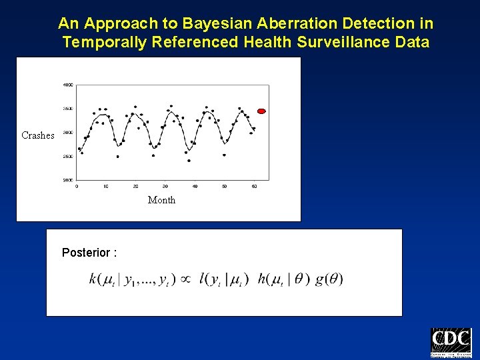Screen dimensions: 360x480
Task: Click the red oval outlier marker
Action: (261, 111)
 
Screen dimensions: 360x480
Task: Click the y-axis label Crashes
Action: (38, 135)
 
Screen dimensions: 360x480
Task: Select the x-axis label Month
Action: (161, 200)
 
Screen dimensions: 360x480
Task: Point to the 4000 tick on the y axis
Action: (68, 85)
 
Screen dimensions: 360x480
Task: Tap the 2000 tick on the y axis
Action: (68, 180)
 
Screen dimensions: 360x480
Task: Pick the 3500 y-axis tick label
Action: (68, 109)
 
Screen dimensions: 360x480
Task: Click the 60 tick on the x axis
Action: (253, 186)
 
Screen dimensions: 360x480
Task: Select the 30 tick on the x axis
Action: (165, 186)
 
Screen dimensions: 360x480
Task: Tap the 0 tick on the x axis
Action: (77, 186)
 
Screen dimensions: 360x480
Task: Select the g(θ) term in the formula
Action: (329, 279)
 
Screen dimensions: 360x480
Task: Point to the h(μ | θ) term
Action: (284, 279)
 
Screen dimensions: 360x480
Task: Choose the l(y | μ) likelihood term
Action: (224, 279)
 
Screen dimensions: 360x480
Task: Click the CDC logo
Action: (451, 343)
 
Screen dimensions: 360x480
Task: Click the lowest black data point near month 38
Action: (189, 161)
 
